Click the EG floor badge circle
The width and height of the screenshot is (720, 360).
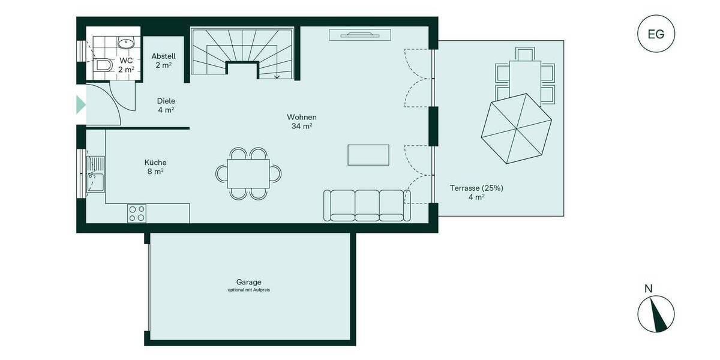pyautogui.click(x=656, y=34)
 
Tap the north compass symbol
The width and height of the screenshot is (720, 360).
pyautogui.click(x=656, y=314)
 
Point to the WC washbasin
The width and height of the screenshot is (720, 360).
pyautogui.click(x=126, y=43)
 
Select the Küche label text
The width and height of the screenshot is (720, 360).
pyautogui.click(x=155, y=163)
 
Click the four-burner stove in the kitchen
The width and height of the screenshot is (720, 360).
pyautogui.click(x=137, y=213)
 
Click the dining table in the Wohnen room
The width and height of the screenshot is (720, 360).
pyautogui.click(x=248, y=173)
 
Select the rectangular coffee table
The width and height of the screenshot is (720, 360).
pyautogui.click(x=368, y=155)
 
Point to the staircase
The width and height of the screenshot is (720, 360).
pyautogui.click(x=242, y=53)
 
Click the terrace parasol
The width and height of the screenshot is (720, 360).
pyautogui.click(x=517, y=128)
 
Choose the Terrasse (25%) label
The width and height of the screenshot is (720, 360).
pyautogui.click(x=476, y=188)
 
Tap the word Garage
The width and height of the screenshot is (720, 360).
pyautogui.click(x=248, y=282)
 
